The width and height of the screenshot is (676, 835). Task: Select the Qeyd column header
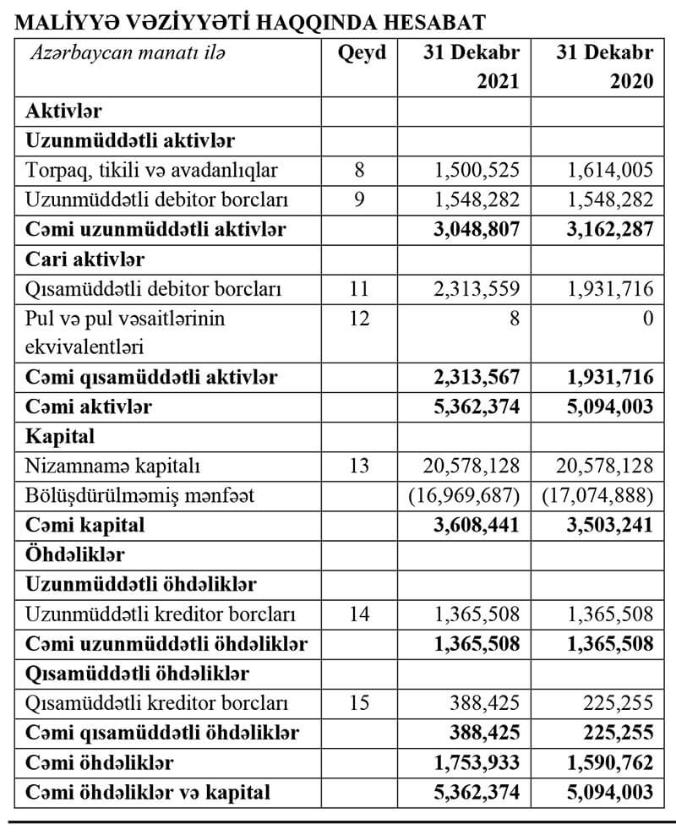click(x=362, y=52)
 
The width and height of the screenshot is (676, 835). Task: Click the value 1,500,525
click(x=477, y=171)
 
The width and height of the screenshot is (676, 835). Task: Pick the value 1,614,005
click(x=608, y=171)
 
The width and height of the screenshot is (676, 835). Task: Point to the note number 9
click(x=359, y=200)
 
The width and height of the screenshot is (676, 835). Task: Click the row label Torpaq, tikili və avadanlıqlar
click(x=152, y=171)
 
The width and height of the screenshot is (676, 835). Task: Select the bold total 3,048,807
click(x=477, y=229)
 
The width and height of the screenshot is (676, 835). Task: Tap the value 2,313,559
click(x=477, y=289)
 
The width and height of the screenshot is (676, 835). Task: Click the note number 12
click(x=359, y=318)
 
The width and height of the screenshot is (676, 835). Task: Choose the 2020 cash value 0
click(x=647, y=318)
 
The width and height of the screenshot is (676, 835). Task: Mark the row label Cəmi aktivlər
click(x=89, y=407)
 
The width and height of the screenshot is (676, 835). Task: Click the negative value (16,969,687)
click(x=464, y=494)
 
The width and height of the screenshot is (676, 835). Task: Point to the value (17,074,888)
click(x=597, y=494)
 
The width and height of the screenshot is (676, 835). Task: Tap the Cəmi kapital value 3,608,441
click(x=477, y=524)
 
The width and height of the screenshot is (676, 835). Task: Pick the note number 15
click(x=359, y=702)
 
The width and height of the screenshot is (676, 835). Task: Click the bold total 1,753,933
click(x=477, y=762)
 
